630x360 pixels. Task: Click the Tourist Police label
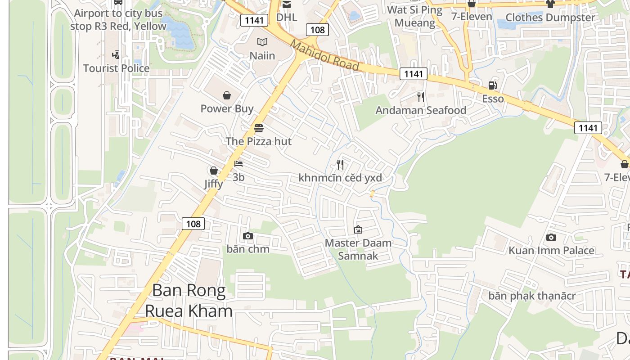click(x=116, y=68)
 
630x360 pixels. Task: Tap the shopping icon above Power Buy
click(x=227, y=95)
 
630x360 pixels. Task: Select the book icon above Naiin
click(x=262, y=42)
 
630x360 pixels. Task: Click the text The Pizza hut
click(x=258, y=141)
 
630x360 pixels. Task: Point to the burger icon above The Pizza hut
click(x=258, y=128)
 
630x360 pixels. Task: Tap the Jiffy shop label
click(x=213, y=184)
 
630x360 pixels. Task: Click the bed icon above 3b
click(x=238, y=164)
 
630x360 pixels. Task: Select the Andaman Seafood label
click(x=421, y=110)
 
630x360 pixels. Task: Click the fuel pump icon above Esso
click(x=493, y=85)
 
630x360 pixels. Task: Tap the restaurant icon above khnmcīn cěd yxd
click(x=340, y=165)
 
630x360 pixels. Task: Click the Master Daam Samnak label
click(x=358, y=249)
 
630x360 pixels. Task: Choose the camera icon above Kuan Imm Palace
click(x=551, y=237)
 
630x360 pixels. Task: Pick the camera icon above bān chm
click(x=248, y=236)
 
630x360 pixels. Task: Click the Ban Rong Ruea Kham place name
click(x=189, y=300)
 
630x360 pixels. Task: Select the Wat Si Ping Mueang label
click(x=414, y=16)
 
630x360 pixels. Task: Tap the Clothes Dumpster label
click(x=550, y=18)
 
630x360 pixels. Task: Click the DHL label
click(x=287, y=17)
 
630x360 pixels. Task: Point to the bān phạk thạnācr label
click(x=532, y=296)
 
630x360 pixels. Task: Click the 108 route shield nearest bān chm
click(x=193, y=223)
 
